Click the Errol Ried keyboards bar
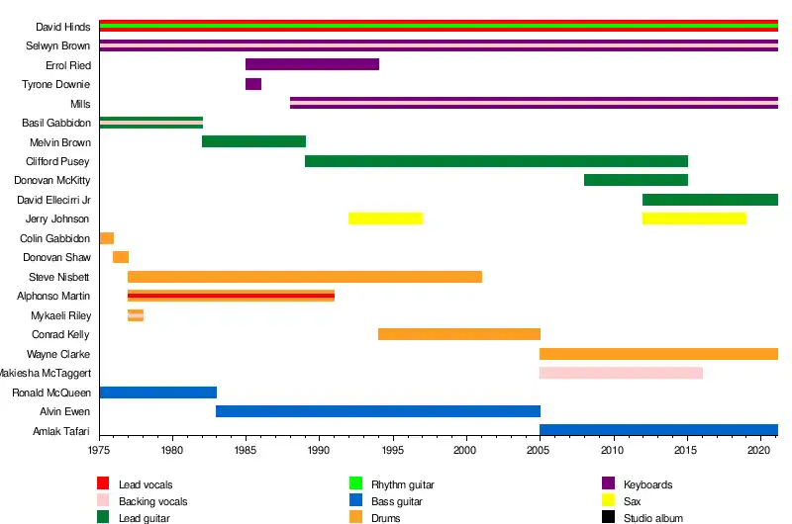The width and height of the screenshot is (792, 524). pyautogui.click(x=312, y=64)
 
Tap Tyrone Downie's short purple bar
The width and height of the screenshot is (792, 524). pyautogui.click(x=253, y=84)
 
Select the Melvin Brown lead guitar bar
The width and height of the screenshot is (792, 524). pyautogui.click(x=253, y=141)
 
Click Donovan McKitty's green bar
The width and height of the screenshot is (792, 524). pyautogui.click(x=636, y=180)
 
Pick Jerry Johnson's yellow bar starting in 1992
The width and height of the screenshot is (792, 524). pyautogui.click(x=385, y=218)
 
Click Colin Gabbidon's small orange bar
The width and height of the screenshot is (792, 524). pyautogui.click(x=107, y=238)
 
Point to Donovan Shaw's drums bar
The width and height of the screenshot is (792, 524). pyautogui.click(x=121, y=257)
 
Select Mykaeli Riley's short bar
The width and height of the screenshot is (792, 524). pyautogui.click(x=136, y=315)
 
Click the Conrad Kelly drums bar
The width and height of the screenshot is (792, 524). pyautogui.click(x=459, y=334)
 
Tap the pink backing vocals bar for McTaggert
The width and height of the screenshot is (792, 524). pyautogui.click(x=621, y=373)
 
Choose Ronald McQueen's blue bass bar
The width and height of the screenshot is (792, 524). pyautogui.click(x=157, y=393)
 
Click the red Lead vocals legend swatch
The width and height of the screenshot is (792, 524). pyautogui.click(x=102, y=483)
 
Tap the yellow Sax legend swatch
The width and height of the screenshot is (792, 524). pyautogui.click(x=609, y=500)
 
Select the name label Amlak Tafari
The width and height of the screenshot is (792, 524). pyautogui.click(x=61, y=431)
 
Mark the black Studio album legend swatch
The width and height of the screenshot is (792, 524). pyautogui.click(x=609, y=517)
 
